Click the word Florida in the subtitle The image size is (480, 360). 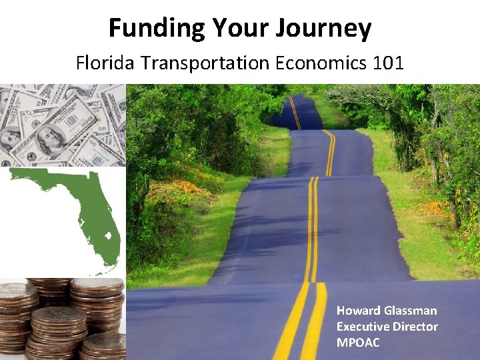click(103, 63)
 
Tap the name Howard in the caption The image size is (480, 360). click(359, 311)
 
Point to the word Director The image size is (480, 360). click(416, 327)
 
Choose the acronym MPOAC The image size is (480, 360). click(358, 343)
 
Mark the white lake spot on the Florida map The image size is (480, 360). click(107, 235)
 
